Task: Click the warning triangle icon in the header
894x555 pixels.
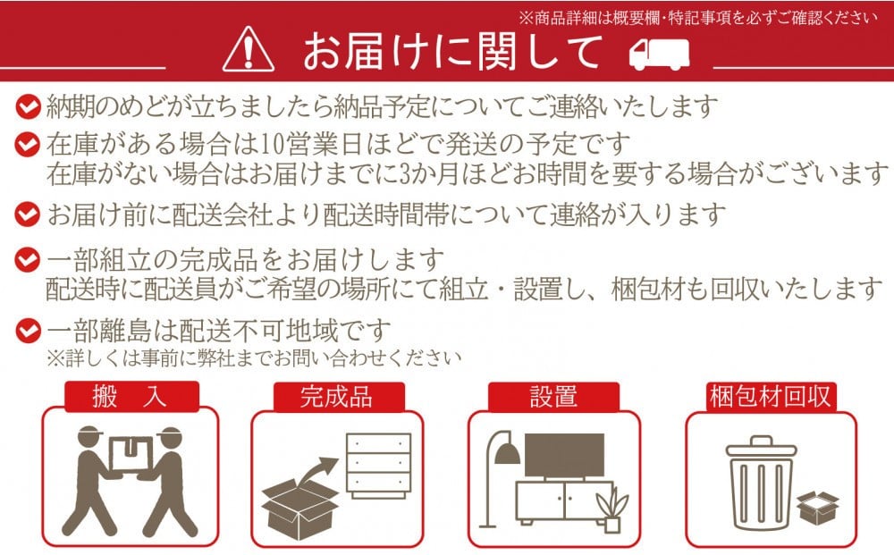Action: [x=248, y=50]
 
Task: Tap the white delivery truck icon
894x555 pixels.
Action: [x=659, y=55]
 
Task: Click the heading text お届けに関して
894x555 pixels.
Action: [x=452, y=51]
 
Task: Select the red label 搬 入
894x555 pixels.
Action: [x=131, y=397]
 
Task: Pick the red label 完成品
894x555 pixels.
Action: [x=339, y=397]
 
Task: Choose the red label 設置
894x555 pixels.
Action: [x=553, y=397]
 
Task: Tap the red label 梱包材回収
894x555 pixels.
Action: [x=770, y=397]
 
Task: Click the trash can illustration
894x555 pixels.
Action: [x=761, y=482]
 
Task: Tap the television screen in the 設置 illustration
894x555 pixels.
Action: [x=564, y=455]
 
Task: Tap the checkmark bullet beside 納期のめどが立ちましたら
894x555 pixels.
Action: [x=28, y=106]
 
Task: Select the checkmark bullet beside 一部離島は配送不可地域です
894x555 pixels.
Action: [x=28, y=331]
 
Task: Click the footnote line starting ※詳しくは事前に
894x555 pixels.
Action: [x=255, y=358]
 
